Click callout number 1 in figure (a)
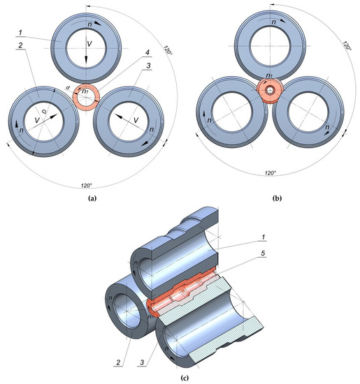(x=22, y=33)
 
